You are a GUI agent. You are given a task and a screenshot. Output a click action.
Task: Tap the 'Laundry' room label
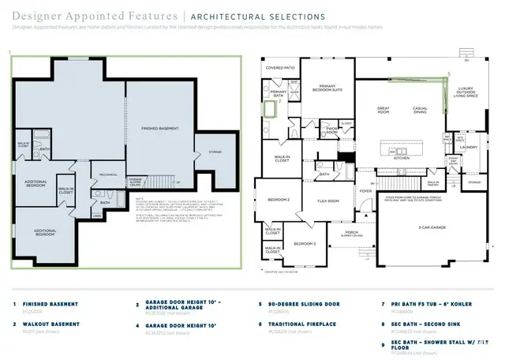(470, 147)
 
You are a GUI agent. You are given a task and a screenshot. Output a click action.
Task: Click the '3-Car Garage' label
(431, 227)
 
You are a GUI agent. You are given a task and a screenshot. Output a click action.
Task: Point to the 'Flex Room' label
(328, 201)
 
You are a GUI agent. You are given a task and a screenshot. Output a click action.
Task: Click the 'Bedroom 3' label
(305, 245)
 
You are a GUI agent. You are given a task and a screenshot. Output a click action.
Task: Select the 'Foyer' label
(366, 190)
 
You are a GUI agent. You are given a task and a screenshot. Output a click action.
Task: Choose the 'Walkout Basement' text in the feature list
(51, 324)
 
